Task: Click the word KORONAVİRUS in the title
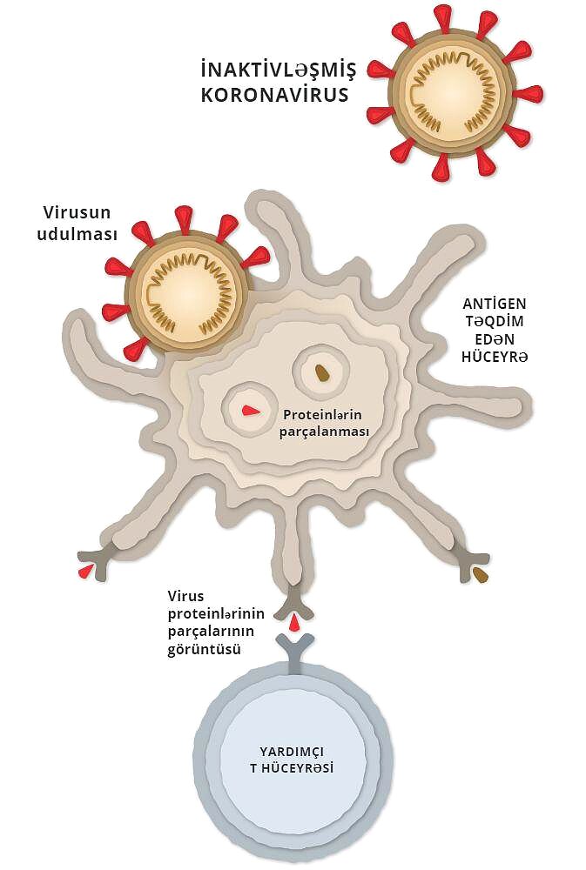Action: click(x=274, y=94)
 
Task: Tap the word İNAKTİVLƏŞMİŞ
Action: click(x=279, y=70)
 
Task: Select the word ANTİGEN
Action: click(x=495, y=304)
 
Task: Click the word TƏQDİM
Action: click(x=495, y=321)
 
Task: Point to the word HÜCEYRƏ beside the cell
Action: click(x=495, y=356)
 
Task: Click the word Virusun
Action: click(x=77, y=212)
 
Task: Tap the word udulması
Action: click(x=77, y=233)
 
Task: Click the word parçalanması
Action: click(x=325, y=432)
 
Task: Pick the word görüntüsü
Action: click(x=205, y=649)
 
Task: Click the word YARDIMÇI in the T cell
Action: click(x=292, y=752)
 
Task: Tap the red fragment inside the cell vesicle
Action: click(x=251, y=411)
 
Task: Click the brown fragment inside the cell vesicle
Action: click(x=321, y=372)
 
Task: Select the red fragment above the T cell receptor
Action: click(x=295, y=624)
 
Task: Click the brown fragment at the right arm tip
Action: click(x=481, y=575)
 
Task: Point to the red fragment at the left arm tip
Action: click(x=85, y=572)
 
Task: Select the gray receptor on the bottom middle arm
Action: click(x=294, y=605)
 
